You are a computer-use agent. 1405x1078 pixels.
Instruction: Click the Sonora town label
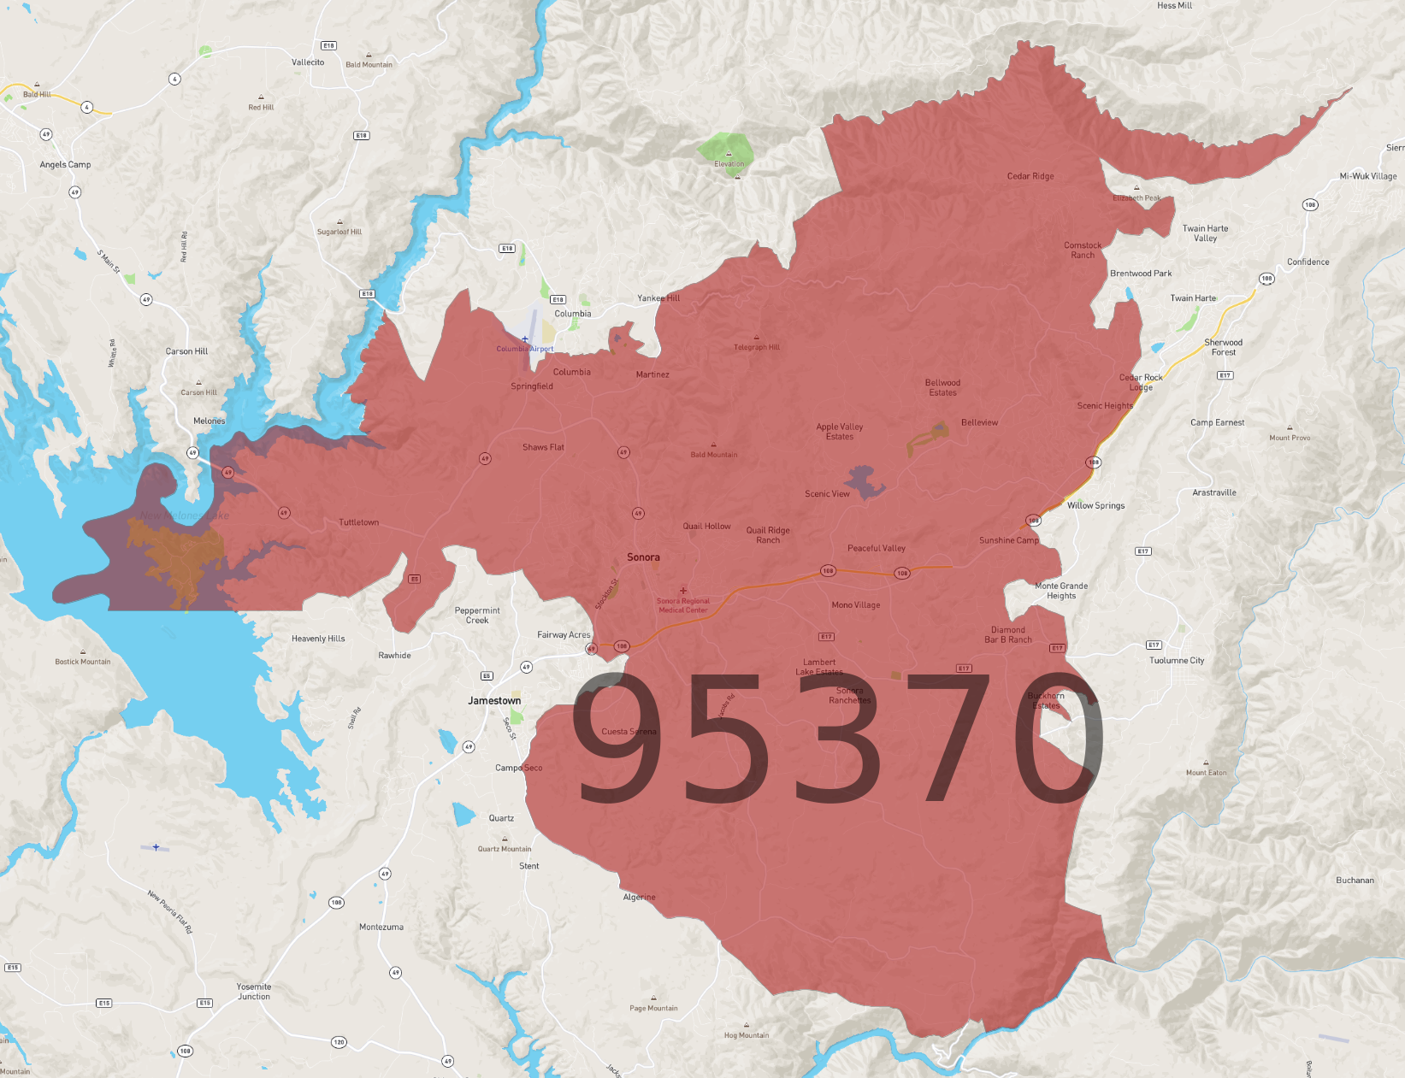pyautogui.click(x=643, y=557)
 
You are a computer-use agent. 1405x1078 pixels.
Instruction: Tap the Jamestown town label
pyautogui.click(x=494, y=701)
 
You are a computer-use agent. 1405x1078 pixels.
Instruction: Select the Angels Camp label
pyautogui.click(x=65, y=165)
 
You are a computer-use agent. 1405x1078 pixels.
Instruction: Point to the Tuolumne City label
pyautogui.click(x=1177, y=661)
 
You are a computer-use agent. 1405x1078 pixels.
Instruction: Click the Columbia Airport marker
pyautogui.click(x=525, y=339)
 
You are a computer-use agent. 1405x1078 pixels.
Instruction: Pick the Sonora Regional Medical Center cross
pyautogui.click(x=683, y=591)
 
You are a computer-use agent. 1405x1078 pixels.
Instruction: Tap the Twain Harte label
pyautogui.click(x=1193, y=298)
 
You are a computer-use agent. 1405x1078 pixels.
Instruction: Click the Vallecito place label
pyautogui.click(x=308, y=62)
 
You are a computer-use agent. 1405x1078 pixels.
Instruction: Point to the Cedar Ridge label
pyautogui.click(x=1030, y=177)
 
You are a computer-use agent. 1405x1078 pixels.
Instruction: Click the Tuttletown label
pyautogui.click(x=358, y=522)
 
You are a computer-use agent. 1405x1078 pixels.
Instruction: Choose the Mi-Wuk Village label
pyautogui.click(x=1368, y=177)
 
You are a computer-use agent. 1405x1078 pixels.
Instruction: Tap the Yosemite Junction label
pyautogui.click(x=254, y=992)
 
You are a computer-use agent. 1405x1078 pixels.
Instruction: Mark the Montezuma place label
pyautogui.click(x=381, y=928)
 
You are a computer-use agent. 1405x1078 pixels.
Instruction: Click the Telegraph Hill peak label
pyautogui.click(x=757, y=347)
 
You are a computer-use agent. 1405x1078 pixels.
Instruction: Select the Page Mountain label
pyautogui.click(x=653, y=1008)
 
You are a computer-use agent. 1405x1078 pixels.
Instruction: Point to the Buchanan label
pyautogui.click(x=1355, y=881)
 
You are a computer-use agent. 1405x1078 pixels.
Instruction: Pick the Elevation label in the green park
pyautogui.click(x=729, y=164)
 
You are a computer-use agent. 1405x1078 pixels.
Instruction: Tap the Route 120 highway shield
pyautogui.click(x=339, y=1042)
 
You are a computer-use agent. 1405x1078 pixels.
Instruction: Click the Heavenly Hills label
pyautogui.click(x=318, y=639)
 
